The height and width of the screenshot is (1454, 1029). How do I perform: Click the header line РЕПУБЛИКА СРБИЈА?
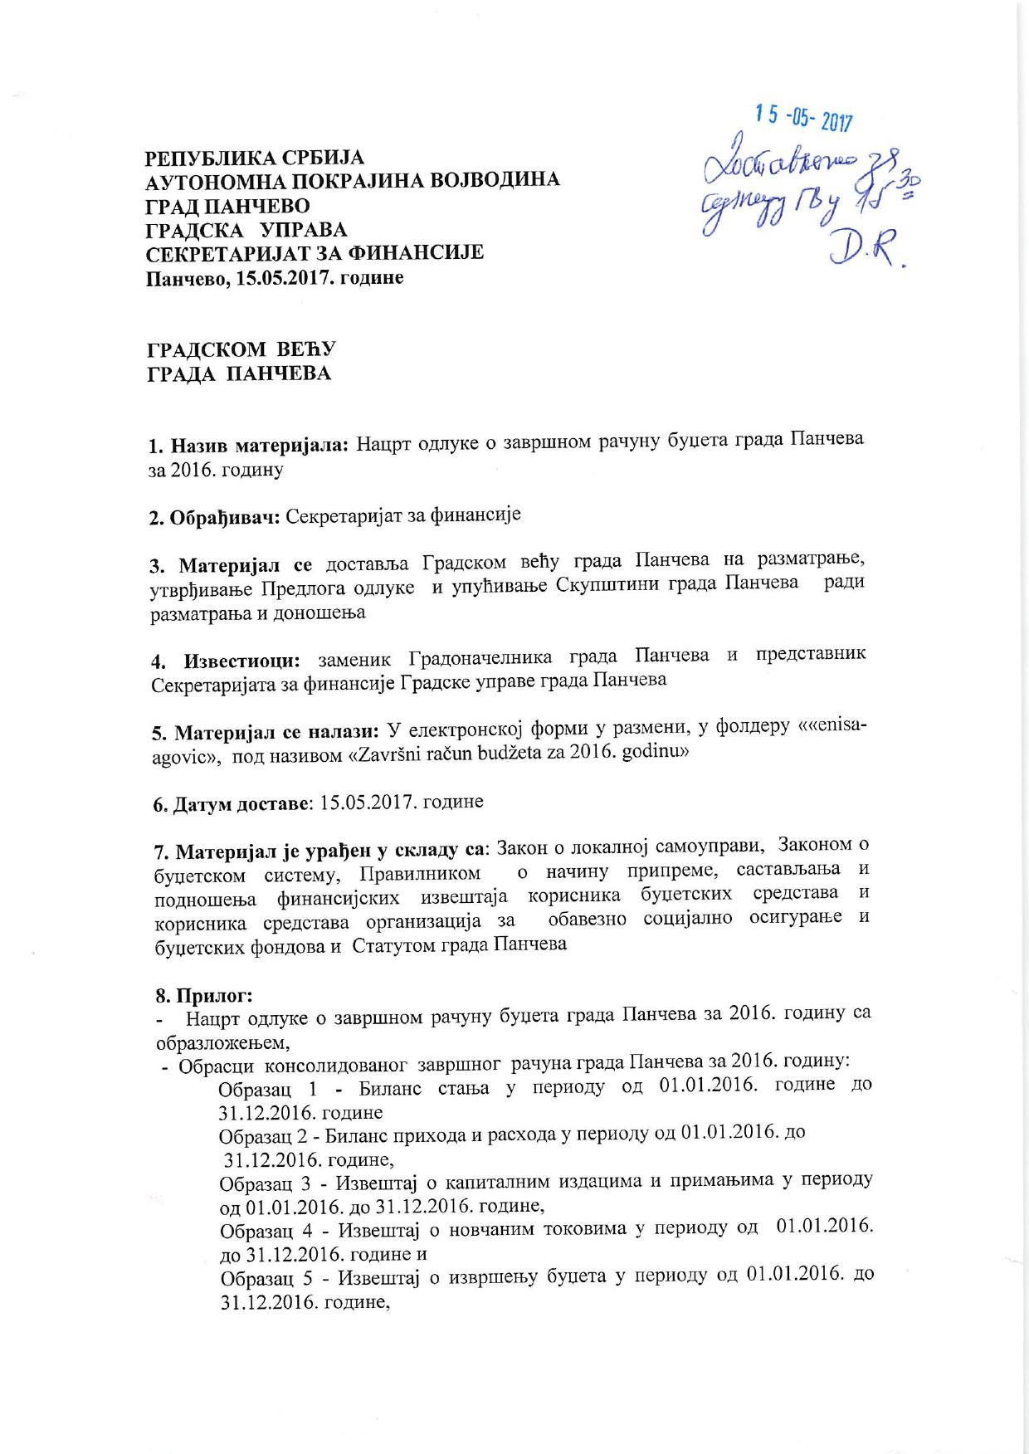click(256, 158)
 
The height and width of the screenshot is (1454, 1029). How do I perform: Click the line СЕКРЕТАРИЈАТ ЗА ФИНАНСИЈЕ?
click(315, 251)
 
